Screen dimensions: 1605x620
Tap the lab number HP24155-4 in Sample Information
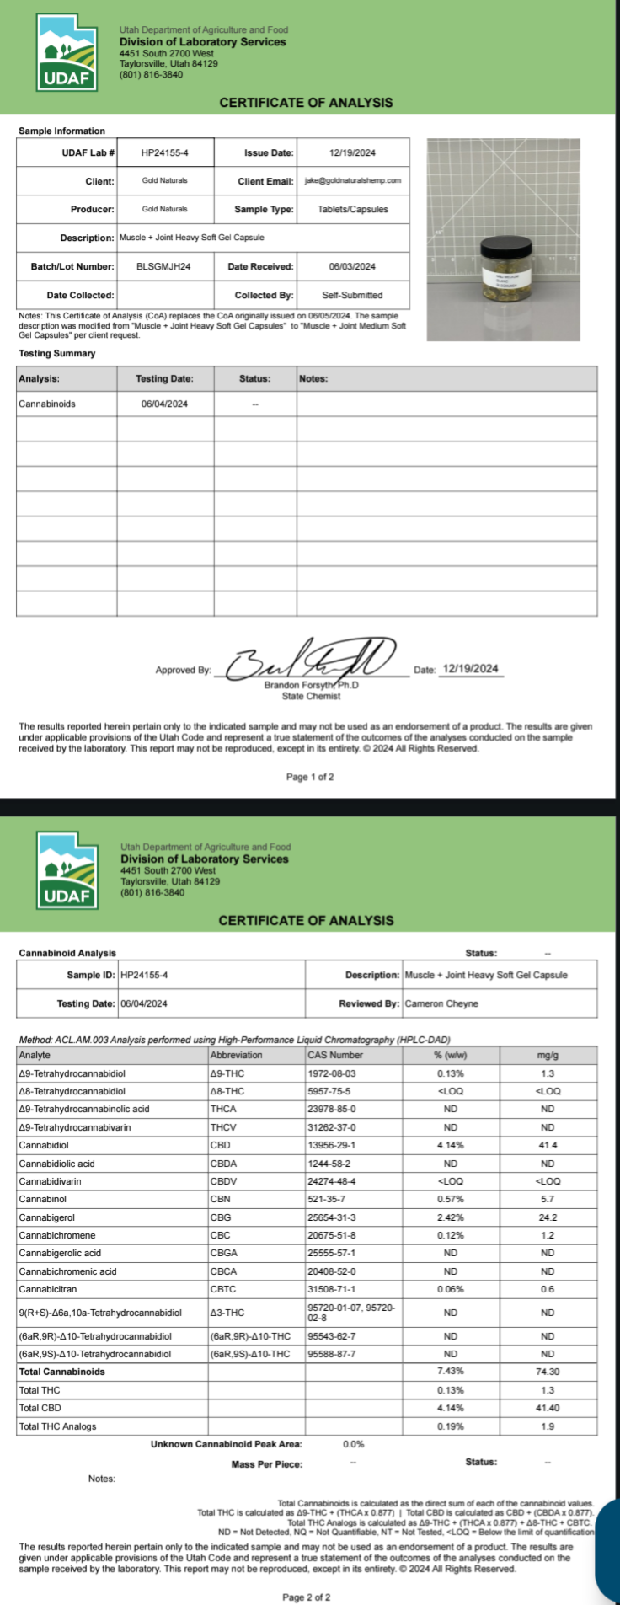(x=164, y=153)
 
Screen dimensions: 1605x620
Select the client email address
(x=352, y=180)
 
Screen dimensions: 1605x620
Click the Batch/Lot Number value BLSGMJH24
(x=163, y=267)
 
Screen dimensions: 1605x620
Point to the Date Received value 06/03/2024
(x=352, y=267)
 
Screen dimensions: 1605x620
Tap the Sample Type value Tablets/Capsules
(x=352, y=210)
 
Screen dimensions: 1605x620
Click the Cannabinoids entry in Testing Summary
(x=47, y=404)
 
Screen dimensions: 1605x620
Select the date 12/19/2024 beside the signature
(x=470, y=669)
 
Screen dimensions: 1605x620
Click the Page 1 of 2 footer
(x=310, y=777)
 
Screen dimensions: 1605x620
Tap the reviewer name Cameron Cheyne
(x=441, y=1004)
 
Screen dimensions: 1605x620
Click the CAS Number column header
(x=335, y=1055)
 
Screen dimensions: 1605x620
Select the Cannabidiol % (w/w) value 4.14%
(x=451, y=1146)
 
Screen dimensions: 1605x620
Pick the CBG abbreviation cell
(x=221, y=1217)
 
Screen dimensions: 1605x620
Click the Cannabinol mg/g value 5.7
(x=548, y=1199)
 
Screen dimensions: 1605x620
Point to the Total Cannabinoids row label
(x=62, y=1372)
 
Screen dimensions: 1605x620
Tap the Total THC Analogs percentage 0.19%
(x=451, y=1426)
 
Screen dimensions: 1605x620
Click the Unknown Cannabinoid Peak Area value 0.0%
(x=354, y=1444)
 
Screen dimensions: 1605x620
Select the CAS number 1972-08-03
(x=332, y=1073)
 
